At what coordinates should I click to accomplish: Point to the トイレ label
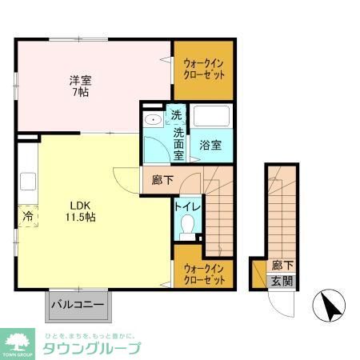(x=186, y=206)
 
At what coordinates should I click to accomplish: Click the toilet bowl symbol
(x=186, y=230)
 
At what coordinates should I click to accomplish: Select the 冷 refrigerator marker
(x=26, y=215)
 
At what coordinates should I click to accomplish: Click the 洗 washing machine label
(x=176, y=114)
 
